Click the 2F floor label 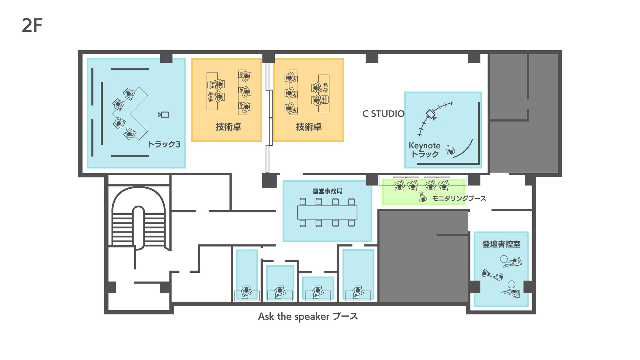[x=32, y=26]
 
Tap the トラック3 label [x=164, y=144]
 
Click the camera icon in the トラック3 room [x=164, y=115]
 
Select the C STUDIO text [x=383, y=114]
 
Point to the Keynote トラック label [x=424, y=150]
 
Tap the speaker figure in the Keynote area [x=451, y=151]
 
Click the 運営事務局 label [x=327, y=191]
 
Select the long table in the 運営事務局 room [x=327, y=212]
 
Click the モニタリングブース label [x=459, y=198]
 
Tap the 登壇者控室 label [x=501, y=244]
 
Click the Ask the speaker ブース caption [x=308, y=316]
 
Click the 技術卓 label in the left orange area [x=228, y=127]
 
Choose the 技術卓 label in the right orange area [x=309, y=127]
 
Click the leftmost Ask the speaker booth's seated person [x=246, y=291]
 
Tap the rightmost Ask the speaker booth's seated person [x=358, y=291]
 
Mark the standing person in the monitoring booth [x=423, y=197]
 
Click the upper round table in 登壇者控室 [x=504, y=259]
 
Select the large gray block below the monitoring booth [x=423, y=256]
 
